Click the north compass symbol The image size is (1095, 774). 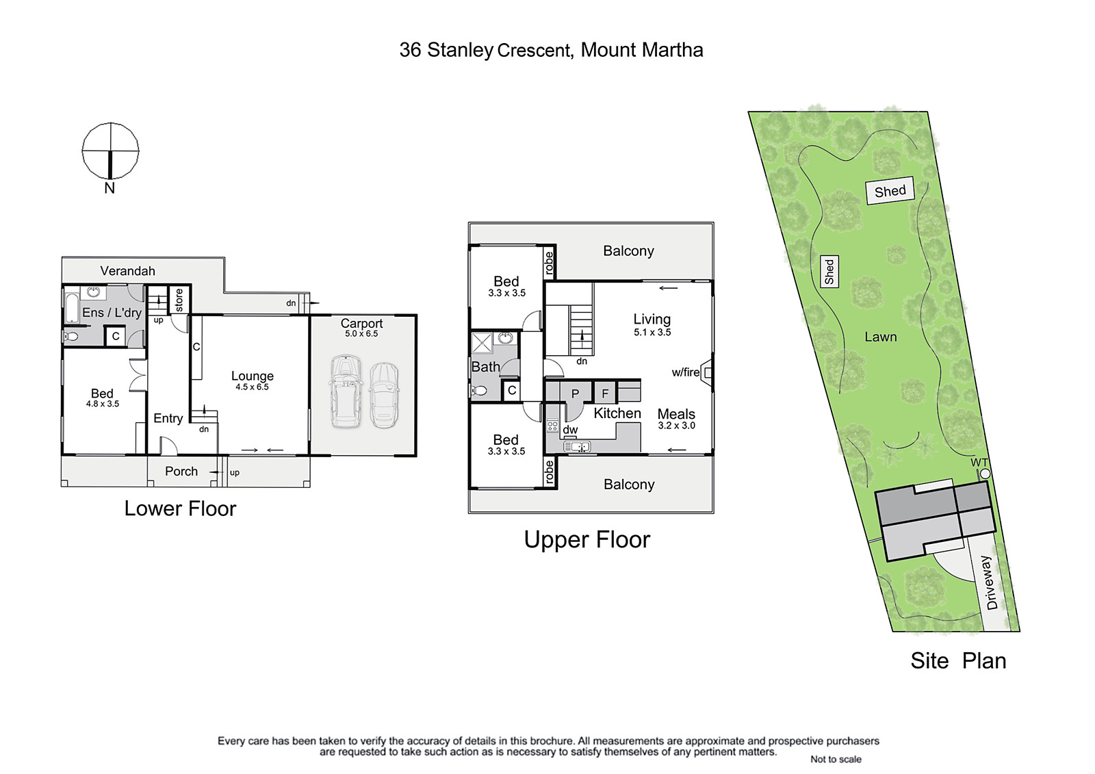110,151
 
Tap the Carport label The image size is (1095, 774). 361,323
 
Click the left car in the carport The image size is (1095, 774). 346,391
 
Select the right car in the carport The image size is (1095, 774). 384,395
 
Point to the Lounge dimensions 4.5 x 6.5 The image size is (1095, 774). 253,387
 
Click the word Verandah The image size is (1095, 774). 127,271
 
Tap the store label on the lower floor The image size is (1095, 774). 179,300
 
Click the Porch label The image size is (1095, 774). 181,472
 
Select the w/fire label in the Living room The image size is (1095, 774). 685,372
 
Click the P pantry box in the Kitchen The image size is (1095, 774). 575,394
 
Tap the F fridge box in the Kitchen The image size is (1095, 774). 605,394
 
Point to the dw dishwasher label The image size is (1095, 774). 571,430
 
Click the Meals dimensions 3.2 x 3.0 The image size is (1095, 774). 677,426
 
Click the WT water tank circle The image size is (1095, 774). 985,474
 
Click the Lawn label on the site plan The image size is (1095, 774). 880,337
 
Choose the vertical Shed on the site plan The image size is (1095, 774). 829,272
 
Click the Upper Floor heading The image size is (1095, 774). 587,540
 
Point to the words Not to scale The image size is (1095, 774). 836,759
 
